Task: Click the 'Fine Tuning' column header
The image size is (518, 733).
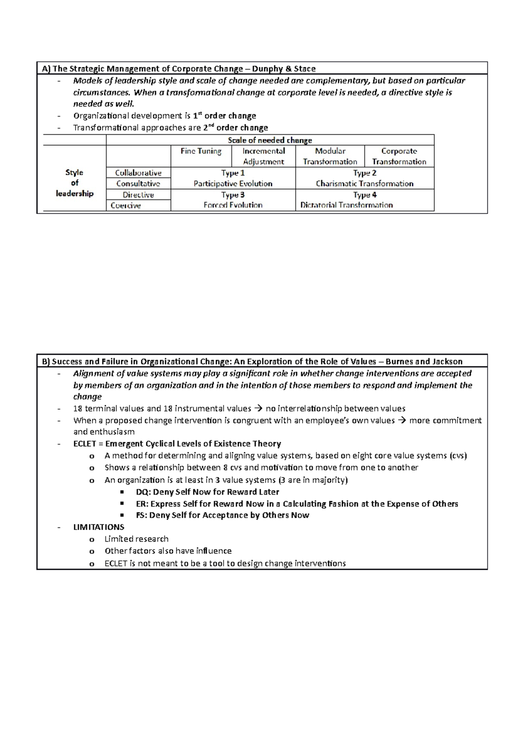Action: click(x=201, y=151)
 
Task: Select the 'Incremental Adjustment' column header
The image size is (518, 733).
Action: click(x=263, y=156)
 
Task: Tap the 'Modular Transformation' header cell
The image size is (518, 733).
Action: click(x=330, y=156)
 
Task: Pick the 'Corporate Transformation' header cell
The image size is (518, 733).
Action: click(x=399, y=156)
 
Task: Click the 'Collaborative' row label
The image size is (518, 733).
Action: click(x=138, y=173)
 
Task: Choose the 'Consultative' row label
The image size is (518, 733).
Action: click(x=138, y=183)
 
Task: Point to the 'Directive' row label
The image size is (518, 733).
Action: click(x=138, y=195)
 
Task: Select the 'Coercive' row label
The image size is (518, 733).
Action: click(x=126, y=205)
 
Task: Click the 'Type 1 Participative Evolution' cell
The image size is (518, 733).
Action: click(x=233, y=178)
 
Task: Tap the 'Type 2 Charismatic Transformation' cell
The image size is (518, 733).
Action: click(x=364, y=178)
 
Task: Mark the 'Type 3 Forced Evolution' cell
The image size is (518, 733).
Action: click(x=233, y=200)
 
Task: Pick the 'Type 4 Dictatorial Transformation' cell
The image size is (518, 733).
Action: click(x=364, y=200)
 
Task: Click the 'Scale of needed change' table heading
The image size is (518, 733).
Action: click(x=269, y=140)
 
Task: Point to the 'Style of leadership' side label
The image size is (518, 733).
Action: click(x=74, y=183)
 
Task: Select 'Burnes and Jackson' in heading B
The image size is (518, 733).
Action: click(x=423, y=362)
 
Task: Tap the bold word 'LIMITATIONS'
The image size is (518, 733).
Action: click(x=99, y=527)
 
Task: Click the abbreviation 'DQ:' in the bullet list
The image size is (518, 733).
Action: click(x=143, y=492)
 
